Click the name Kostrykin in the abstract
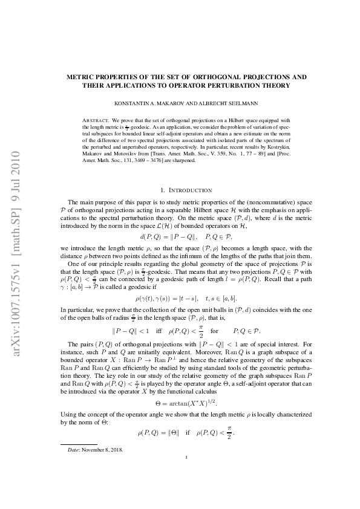click(x=272, y=147)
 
